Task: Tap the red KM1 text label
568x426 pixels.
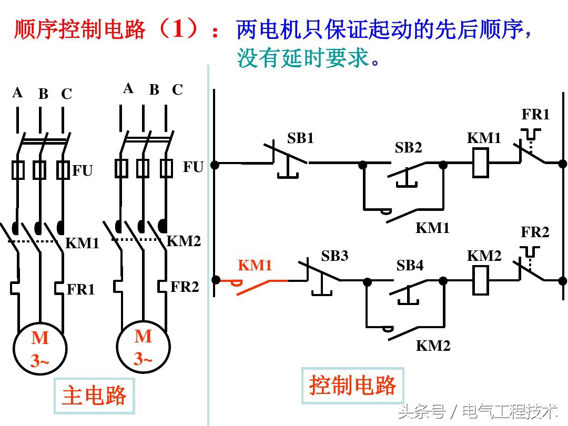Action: pos(255,266)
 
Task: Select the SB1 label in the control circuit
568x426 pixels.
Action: pos(300,138)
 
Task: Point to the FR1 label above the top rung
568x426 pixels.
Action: pos(535,115)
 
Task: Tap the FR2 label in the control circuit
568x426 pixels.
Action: pos(535,232)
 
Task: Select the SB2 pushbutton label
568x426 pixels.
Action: pos(409,148)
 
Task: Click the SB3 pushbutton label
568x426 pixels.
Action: pos(334,256)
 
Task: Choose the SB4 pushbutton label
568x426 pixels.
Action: pos(410,266)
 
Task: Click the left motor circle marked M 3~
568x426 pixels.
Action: pos(40,348)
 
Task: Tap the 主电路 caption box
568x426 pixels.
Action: pos(94,395)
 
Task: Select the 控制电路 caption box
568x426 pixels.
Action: pos(352,386)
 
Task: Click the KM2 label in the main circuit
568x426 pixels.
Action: pos(184,241)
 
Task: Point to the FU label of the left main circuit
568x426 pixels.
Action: pos(83,171)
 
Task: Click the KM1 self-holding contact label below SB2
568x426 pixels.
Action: pos(433,228)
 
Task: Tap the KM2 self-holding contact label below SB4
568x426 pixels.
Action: pos(433,346)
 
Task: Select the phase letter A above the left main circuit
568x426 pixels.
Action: pos(18,93)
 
